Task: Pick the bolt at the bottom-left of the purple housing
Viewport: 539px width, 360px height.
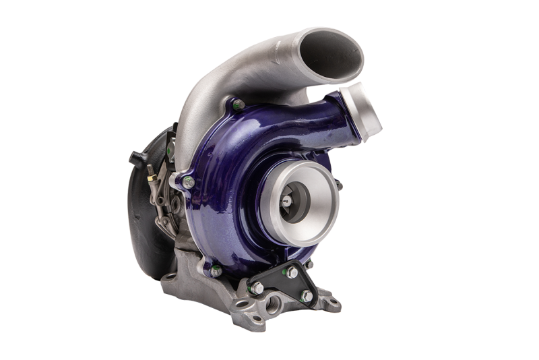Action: [x=217, y=271]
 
